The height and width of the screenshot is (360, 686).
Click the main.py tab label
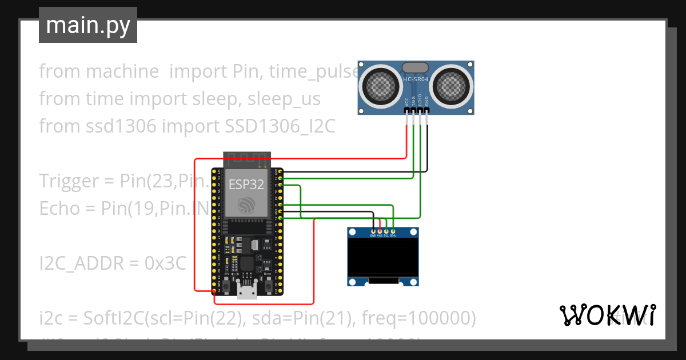click(x=88, y=25)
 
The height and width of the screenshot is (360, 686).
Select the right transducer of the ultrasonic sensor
click(x=452, y=86)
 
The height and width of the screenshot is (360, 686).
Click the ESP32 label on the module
click(x=246, y=185)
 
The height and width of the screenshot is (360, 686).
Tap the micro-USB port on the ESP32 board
click(x=247, y=291)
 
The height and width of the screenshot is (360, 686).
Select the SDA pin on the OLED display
click(x=393, y=232)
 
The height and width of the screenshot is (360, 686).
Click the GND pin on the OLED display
click(x=373, y=232)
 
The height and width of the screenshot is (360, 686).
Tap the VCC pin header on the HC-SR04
click(x=406, y=113)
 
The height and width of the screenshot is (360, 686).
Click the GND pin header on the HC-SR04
click(x=426, y=113)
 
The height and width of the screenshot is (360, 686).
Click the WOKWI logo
click(x=607, y=315)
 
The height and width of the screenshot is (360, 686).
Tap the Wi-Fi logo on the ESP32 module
click(x=246, y=206)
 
